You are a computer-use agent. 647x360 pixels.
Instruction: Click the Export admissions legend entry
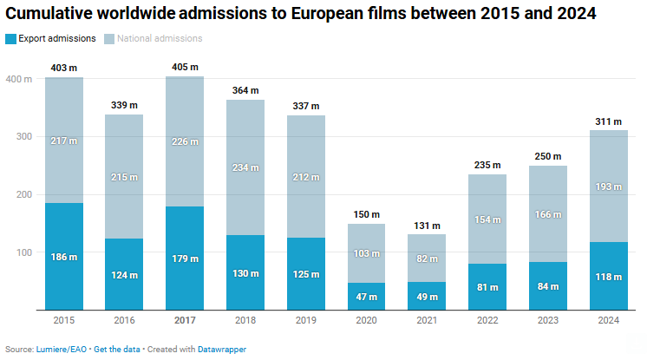[x=56, y=38]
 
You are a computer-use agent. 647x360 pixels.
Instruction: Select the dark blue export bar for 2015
[x=63, y=256]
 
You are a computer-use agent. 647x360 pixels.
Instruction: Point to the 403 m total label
[x=63, y=67]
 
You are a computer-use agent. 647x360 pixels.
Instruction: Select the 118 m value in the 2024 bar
[x=609, y=277]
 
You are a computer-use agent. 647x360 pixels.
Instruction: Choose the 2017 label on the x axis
[x=185, y=321]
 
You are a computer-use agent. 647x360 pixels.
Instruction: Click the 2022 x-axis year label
[x=488, y=321]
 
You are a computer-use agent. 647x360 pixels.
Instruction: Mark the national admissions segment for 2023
[x=549, y=214]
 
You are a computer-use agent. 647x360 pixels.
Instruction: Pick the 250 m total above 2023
[x=549, y=155]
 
